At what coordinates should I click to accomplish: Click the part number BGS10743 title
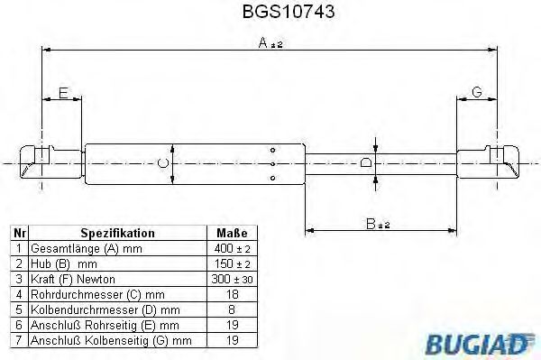tap(270, 14)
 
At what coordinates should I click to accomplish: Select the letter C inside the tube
tap(162, 163)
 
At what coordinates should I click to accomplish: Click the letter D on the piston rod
tap(364, 163)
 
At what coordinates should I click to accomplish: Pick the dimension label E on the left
tap(62, 92)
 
